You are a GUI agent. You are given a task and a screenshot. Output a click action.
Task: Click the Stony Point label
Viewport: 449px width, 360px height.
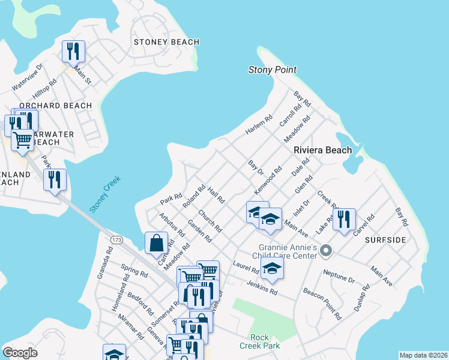(273, 70)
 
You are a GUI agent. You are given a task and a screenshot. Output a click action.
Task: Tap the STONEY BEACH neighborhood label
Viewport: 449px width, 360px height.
(163, 42)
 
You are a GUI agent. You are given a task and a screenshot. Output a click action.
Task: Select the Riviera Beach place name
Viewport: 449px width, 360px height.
(322, 150)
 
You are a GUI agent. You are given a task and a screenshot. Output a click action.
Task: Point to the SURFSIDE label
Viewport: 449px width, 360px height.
(385, 240)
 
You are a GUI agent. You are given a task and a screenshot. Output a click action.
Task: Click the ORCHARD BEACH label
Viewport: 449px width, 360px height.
(56, 106)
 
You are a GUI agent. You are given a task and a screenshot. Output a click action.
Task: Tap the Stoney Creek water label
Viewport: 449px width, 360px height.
(105, 194)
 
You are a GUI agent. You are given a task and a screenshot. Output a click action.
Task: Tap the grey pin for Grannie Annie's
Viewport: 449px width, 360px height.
(326, 250)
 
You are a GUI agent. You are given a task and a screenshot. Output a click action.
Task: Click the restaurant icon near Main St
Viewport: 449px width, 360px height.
(73, 51)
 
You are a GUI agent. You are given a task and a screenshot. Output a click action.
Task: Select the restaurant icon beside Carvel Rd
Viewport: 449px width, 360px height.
(344, 219)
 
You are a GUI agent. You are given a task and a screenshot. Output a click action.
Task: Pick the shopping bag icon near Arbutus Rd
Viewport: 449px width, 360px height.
(156, 243)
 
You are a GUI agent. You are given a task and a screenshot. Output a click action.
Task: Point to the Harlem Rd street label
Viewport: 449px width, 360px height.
(259, 125)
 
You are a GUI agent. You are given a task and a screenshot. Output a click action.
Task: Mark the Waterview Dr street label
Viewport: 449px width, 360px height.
(28, 77)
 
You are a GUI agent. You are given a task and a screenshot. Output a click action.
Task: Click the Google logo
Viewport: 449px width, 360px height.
(20, 353)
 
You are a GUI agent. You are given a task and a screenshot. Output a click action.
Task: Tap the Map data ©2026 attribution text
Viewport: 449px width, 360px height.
(423, 355)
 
